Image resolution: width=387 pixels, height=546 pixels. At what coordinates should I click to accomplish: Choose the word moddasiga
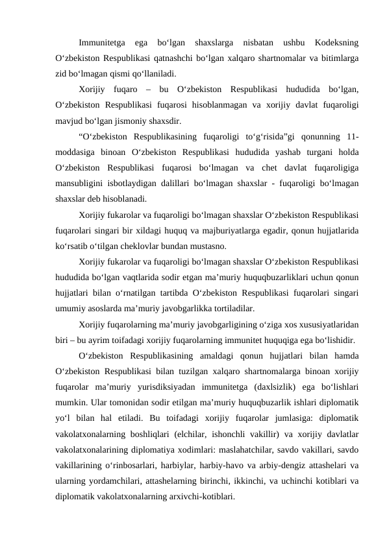tap(75, 152)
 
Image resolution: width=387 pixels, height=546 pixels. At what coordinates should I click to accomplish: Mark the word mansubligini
tap(81, 183)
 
